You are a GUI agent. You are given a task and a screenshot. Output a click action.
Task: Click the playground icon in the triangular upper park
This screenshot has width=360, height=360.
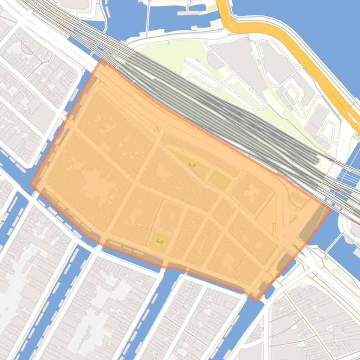click(191, 165)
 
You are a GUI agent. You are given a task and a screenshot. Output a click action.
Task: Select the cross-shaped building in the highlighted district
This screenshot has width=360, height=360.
click(253, 192)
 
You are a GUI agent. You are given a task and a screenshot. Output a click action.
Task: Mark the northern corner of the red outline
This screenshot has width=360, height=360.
click(102, 60)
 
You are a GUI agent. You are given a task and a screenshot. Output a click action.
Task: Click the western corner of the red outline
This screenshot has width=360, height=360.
click(31, 184)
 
